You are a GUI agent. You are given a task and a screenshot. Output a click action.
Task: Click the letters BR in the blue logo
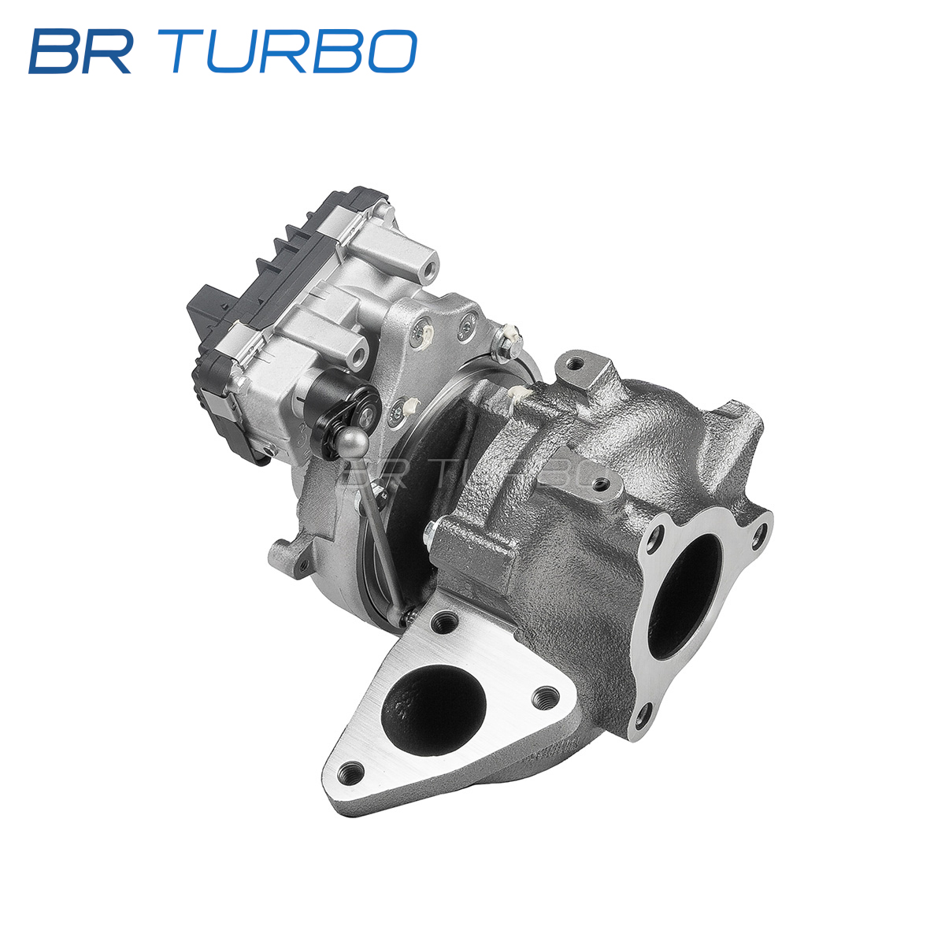pyautogui.click(x=81, y=51)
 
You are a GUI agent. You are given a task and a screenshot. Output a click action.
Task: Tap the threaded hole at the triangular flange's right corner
pyautogui.click(x=545, y=695)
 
